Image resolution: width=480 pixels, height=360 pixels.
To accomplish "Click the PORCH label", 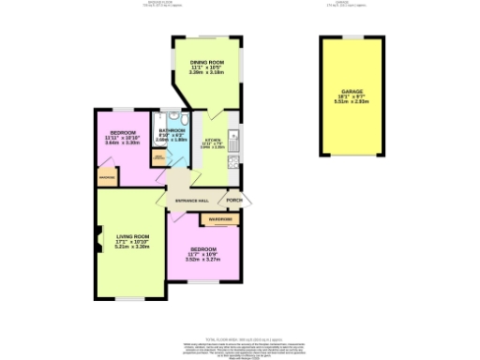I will click(x=234, y=201).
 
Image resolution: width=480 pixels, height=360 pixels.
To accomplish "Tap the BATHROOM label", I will click(x=171, y=131).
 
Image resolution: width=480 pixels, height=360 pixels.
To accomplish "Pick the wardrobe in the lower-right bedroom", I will click(x=220, y=220).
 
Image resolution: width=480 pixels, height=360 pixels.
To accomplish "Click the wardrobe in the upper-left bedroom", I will click(x=106, y=176).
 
